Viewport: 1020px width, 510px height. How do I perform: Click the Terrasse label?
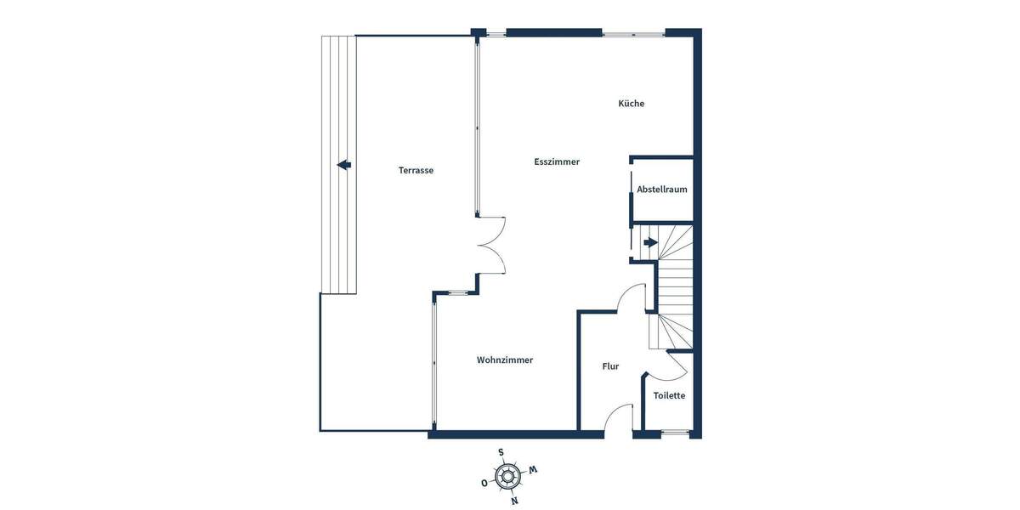[x=416, y=170]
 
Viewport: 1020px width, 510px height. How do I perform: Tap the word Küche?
[x=631, y=104]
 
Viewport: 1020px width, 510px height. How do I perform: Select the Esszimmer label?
[x=557, y=161]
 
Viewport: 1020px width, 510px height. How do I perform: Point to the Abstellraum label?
[x=662, y=190]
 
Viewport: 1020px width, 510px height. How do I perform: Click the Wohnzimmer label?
[x=505, y=360]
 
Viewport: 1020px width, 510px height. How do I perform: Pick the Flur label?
[x=610, y=366]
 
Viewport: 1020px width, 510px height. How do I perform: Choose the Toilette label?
[x=669, y=395]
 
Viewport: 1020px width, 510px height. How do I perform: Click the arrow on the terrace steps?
[x=343, y=165]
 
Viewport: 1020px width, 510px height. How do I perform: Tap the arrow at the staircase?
[x=650, y=242]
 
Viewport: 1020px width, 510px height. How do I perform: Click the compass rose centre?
[x=507, y=476]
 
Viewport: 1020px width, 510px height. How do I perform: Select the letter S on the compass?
[x=501, y=452]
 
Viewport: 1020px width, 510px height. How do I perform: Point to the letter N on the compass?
[x=514, y=501]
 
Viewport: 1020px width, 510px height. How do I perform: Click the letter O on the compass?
[x=484, y=483]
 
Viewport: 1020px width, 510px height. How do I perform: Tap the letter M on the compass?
[x=533, y=469]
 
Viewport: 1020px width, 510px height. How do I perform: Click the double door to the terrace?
[x=492, y=245]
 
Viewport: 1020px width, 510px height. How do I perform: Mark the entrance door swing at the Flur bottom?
[x=620, y=417]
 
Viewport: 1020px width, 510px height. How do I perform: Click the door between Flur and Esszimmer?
[x=630, y=297]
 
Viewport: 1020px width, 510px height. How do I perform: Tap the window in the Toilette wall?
[x=676, y=433]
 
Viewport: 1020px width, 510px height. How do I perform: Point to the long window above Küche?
[x=634, y=34]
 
